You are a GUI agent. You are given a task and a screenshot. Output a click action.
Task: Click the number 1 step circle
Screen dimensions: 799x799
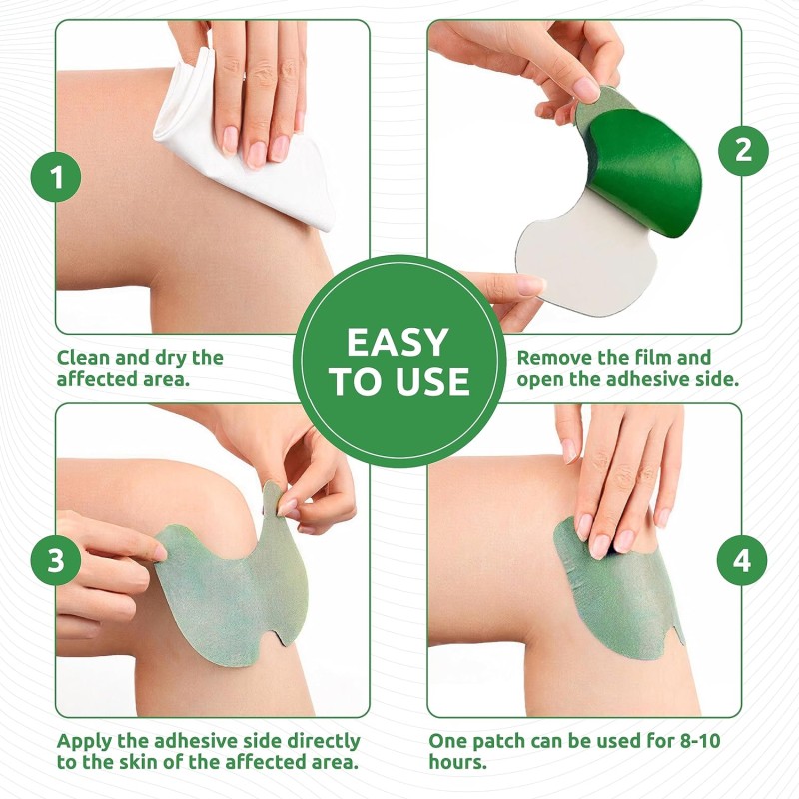click(56, 178)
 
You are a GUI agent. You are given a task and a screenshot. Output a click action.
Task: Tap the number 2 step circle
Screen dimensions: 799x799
click(742, 150)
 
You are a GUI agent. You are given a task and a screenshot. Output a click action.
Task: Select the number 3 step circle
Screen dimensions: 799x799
click(56, 560)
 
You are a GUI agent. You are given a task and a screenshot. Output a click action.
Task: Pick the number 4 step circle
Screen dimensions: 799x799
click(742, 561)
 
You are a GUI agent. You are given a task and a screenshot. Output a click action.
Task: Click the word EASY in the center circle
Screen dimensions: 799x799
click(398, 343)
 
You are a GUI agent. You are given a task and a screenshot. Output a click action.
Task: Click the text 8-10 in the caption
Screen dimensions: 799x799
click(683, 741)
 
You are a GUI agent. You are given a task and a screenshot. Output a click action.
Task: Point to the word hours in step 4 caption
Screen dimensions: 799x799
click(457, 764)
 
